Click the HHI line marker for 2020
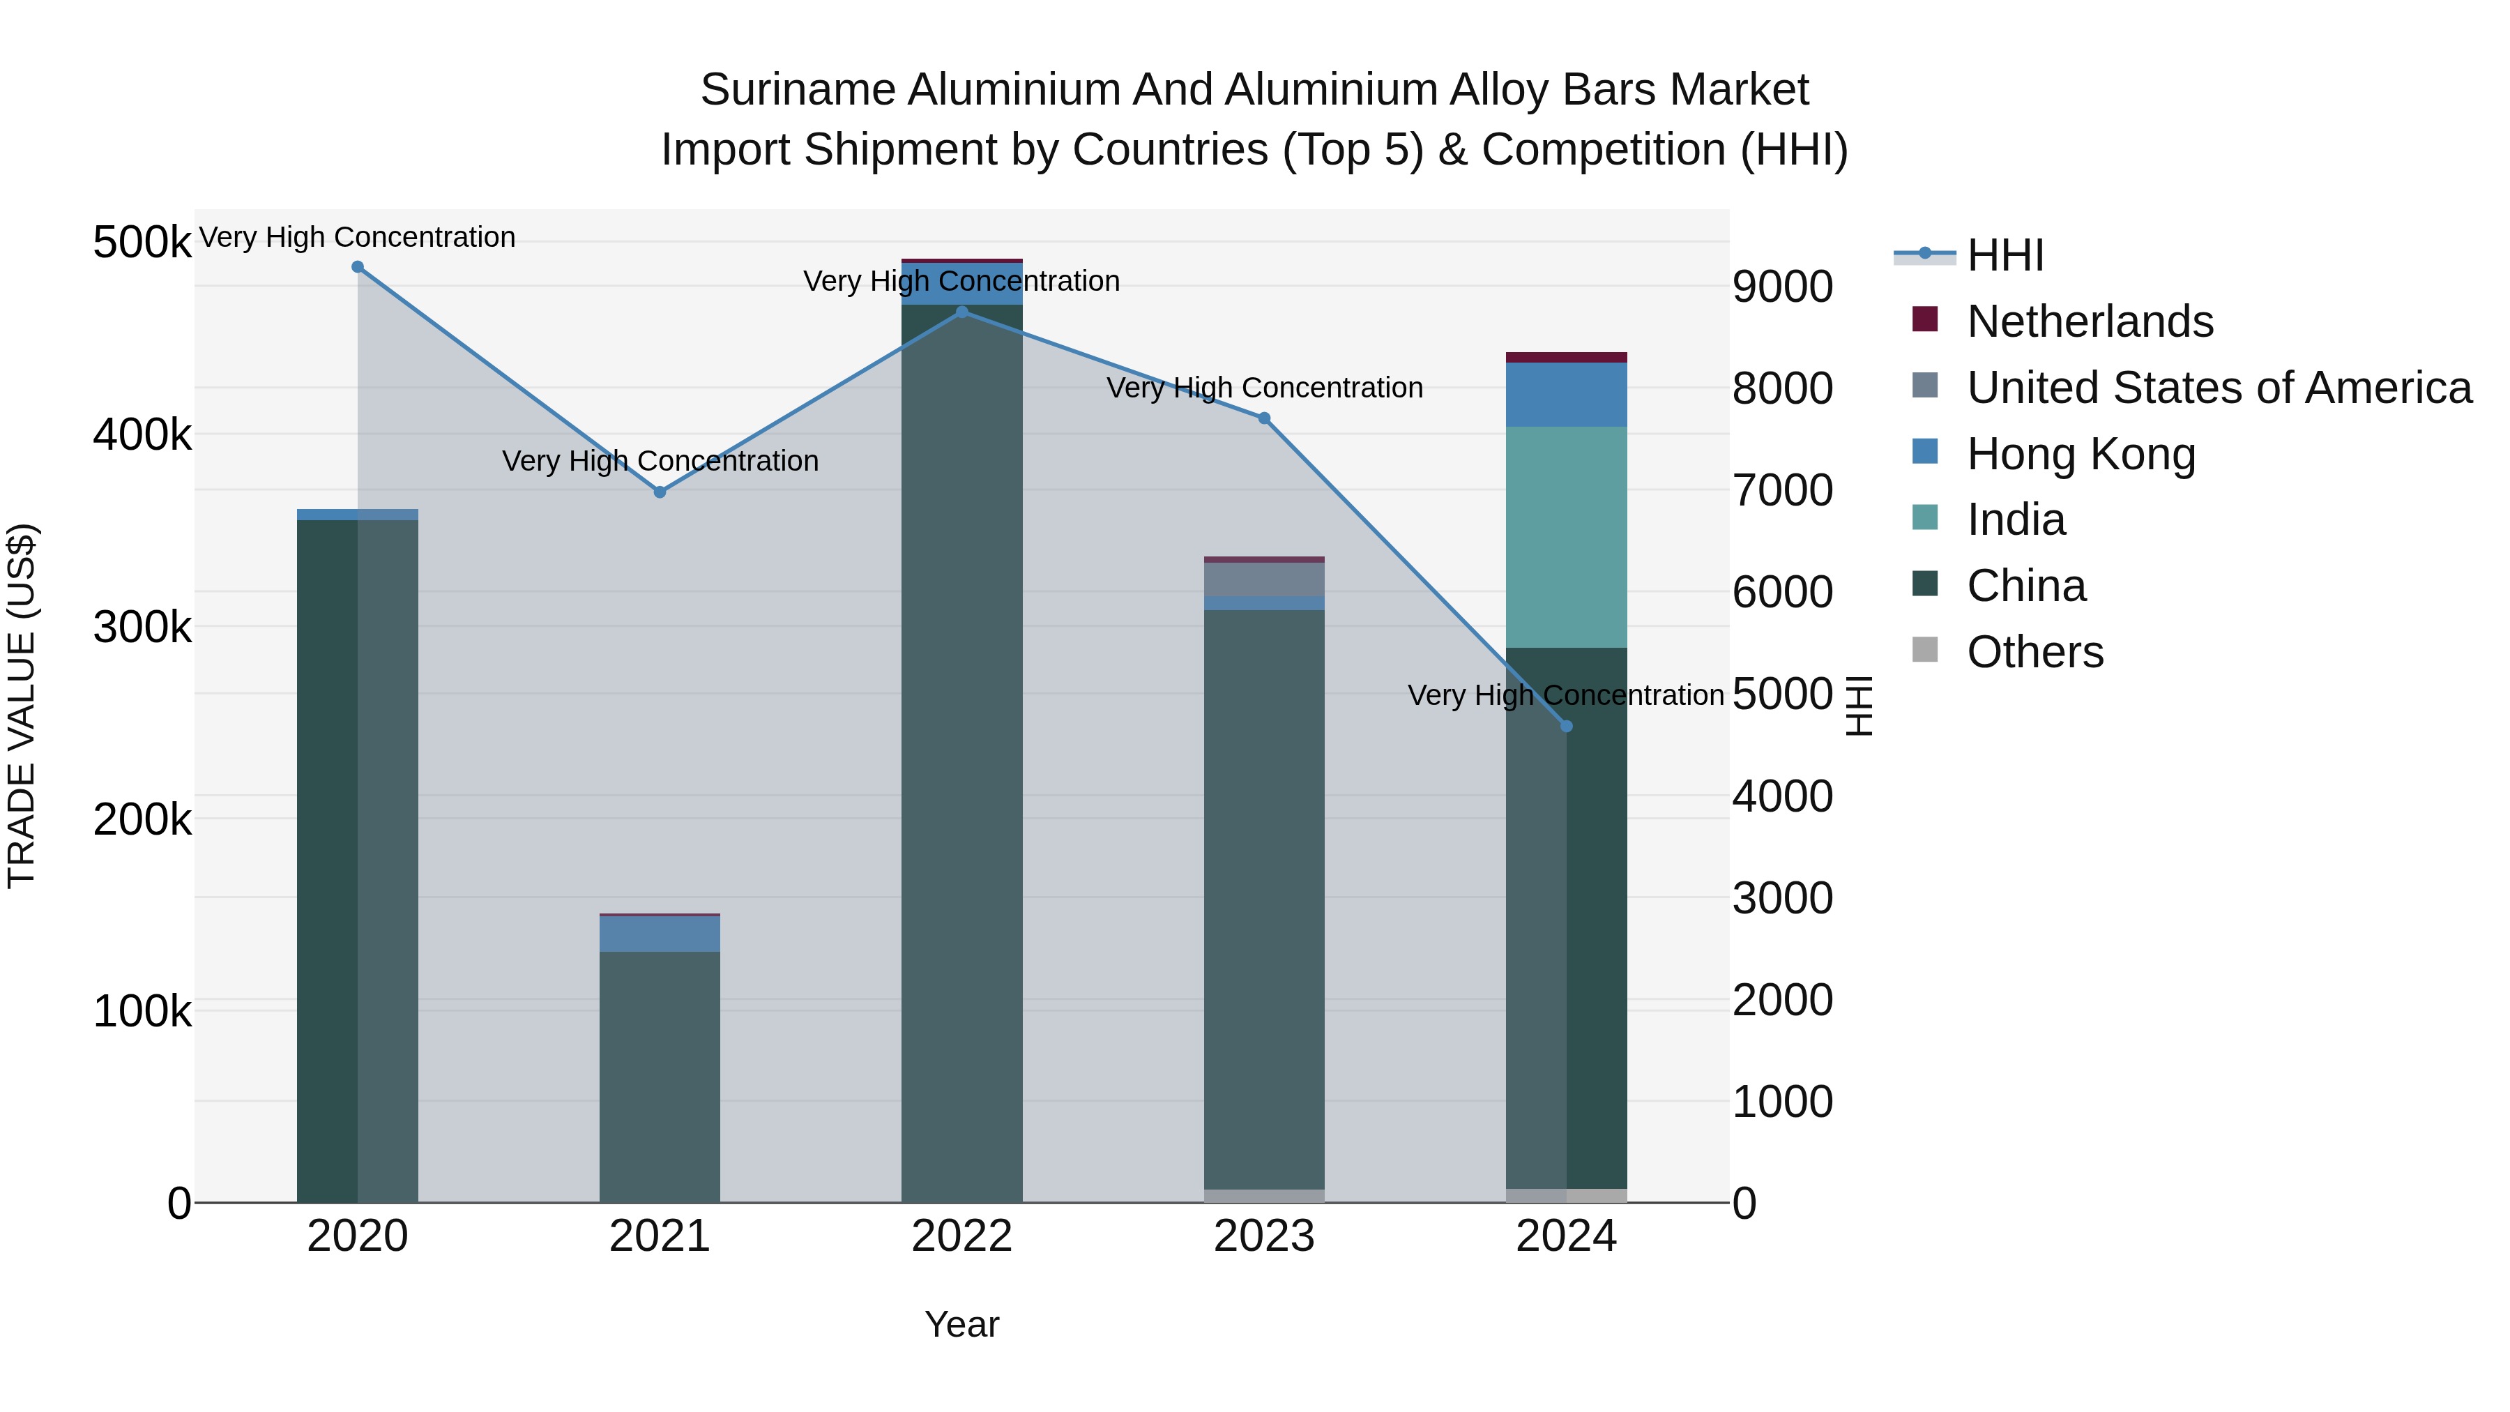[358, 267]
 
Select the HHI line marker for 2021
[660, 492]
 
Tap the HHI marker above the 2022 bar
[961, 312]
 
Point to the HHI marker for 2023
[1264, 418]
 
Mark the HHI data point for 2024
[1566, 726]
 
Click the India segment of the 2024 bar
[1566, 536]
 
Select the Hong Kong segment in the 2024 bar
[1566, 395]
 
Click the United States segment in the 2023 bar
[1264, 579]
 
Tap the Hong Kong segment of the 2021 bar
[660, 934]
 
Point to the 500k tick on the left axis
[142, 242]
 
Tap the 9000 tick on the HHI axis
[1782, 287]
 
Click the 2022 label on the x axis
[961, 1236]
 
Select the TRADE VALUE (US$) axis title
[22, 706]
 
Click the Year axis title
[961, 1324]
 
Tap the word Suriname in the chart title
[797, 90]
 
